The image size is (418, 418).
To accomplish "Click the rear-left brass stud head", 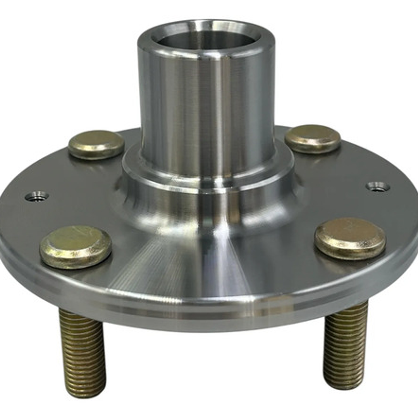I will coord(96,144).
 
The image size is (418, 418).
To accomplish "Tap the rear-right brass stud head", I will coord(313,138).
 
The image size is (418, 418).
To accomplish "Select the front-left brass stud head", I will coord(76,247).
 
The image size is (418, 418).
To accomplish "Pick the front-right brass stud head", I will coord(350,238).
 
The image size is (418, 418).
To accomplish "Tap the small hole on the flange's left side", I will coord(37,196).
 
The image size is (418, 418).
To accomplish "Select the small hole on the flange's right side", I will coord(378,186).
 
